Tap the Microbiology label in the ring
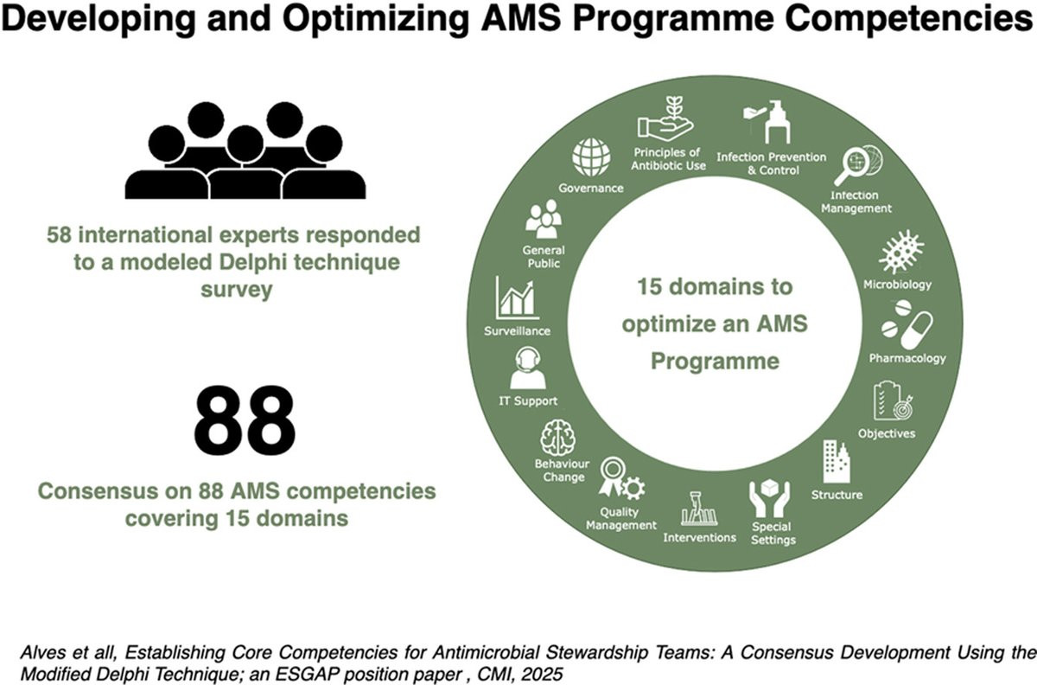point(897,285)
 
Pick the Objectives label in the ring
point(886,433)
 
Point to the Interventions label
point(699,537)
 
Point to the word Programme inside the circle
point(715,361)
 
